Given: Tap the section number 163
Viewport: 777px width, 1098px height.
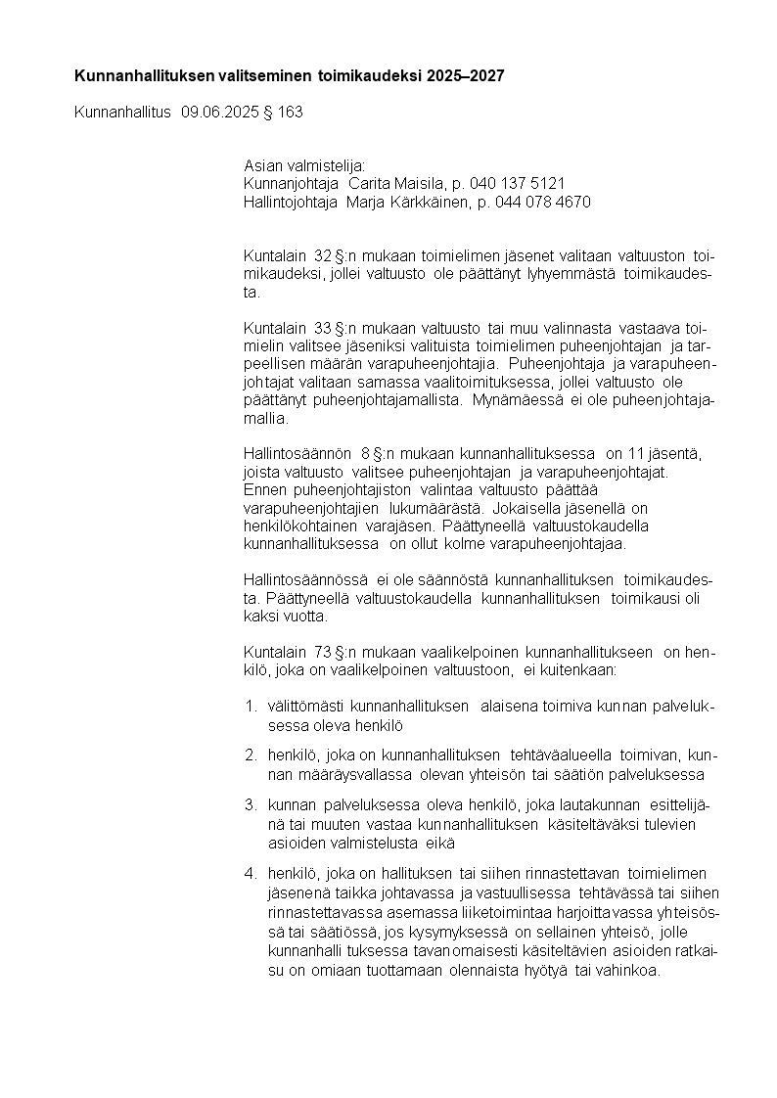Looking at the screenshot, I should pos(291,113).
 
